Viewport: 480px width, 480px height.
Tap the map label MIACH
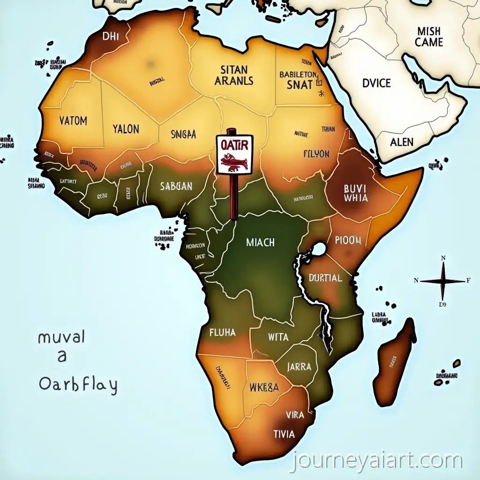click(x=260, y=243)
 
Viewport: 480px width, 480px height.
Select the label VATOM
click(x=74, y=121)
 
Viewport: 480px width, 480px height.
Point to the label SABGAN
click(x=176, y=186)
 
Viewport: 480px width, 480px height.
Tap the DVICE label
click(x=376, y=83)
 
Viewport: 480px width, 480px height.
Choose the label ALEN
click(x=402, y=142)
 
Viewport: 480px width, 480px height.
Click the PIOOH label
click(x=348, y=240)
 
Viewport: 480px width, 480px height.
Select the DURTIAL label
click(x=326, y=278)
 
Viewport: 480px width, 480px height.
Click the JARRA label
click(x=299, y=367)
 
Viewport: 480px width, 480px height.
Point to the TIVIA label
click(x=285, y=434)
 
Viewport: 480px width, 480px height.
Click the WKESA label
click(x=264, y=388)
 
